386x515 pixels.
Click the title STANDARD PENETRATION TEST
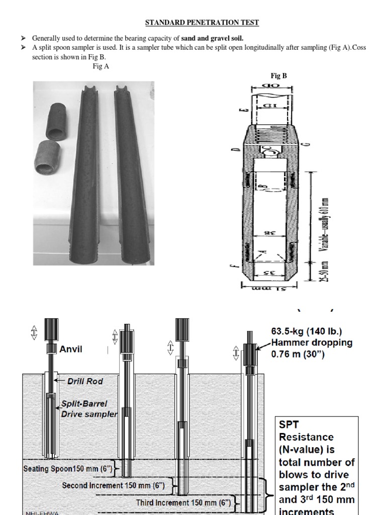pyautogui.click(x=202, y=23)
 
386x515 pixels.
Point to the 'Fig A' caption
pyautogui.click(x=101, y=66)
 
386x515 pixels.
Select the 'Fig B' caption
pyautogui.click(x=279, y=76)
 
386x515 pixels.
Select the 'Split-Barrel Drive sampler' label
pyautogui.click(x=88, y=409)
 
